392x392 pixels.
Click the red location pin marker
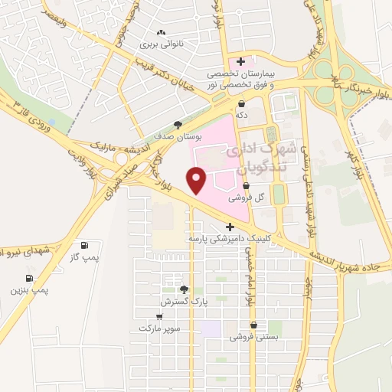click(198, 181)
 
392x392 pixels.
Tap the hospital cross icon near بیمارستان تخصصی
click(240, 61)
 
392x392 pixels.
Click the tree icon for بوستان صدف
click(178, 124)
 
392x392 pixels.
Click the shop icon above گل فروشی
click(246, 186)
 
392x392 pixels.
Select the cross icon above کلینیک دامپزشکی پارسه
click(230, 227)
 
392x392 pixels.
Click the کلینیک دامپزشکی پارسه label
click(230, 239)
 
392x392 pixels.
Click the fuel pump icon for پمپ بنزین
click(29, 277)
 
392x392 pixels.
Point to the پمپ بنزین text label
click(29, 290)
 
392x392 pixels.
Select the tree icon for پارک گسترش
click(183, 289)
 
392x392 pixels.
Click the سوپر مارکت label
click(159, 328)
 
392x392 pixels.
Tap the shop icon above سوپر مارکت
click(160, 316)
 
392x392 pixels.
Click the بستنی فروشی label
click(253, 336)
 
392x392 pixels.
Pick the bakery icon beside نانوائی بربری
click(161, 33)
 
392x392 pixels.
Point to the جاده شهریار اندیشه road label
click(351, 260)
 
